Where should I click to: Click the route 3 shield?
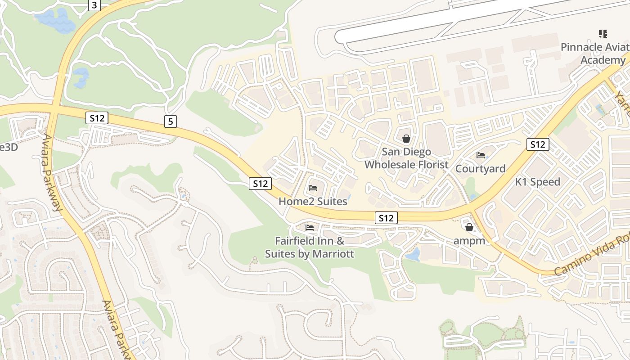[x=94, y=5]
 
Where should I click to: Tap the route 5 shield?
[x=170, y=121]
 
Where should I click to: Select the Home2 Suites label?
[x=313, y=201]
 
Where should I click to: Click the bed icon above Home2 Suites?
[x=313, y=188]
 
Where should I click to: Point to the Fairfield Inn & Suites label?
[x=310, y=247]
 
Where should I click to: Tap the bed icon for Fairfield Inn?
[x=309, y=227]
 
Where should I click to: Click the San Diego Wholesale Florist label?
[x=406, y=158]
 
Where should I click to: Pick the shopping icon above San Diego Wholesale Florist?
[x=406, y=138]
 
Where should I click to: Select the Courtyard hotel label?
[x=481, y=169]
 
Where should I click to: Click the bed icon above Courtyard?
[x=481, y=155]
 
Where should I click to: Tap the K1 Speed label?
[x=538, y=182]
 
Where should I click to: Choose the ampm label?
[x=469, y=241]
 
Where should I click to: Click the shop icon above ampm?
[x=469, y=227]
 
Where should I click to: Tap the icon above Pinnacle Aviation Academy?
[x=603, y=33]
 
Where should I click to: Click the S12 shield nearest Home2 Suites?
[x=260, y=183]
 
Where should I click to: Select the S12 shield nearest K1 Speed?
[x=538, y=144]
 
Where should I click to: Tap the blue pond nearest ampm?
[x=413, y=255]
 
